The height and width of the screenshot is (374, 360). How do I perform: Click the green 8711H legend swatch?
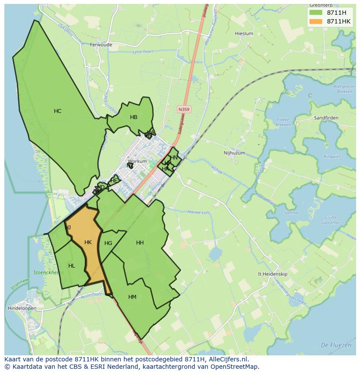pos(316,13)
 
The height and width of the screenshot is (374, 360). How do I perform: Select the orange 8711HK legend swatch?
pos(316,21)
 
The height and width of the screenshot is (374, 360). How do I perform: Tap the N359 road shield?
pos(184,110)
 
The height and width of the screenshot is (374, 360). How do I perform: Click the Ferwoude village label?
pos(101,45)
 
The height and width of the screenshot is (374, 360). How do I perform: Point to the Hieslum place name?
pos(243,33)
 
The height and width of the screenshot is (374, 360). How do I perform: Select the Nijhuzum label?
pos(234,153)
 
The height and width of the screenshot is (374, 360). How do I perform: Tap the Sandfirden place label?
pos(326,118)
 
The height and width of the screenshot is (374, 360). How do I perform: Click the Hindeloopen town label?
pos(22,308)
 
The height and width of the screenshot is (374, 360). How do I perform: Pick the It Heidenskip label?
pos(273,274)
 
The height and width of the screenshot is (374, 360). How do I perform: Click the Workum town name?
pos(137,161)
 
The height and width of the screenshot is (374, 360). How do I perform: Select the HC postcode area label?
pos(57,111)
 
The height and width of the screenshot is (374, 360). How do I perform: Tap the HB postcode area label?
pos(133,117)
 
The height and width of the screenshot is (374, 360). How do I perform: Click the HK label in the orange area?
pos(88,242)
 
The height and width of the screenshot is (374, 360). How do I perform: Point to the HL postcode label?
pos(71,266)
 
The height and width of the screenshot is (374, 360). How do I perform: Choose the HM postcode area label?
pos(132,297)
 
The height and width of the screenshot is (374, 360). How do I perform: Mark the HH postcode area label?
pos(140,243)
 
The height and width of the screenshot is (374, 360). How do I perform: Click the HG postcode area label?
pos(108,243)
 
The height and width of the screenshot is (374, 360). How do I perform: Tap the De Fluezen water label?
pos(336,345)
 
